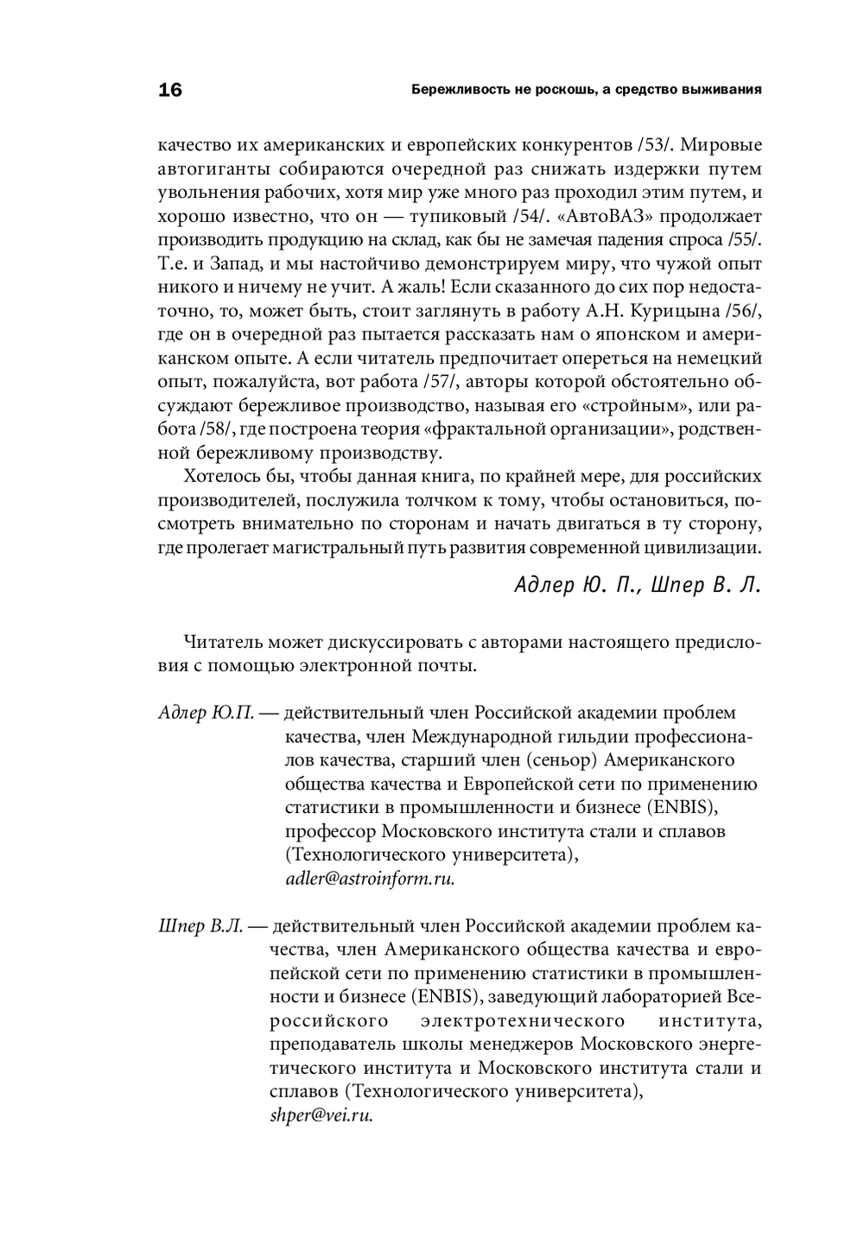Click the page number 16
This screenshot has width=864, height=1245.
[x=170, y=90]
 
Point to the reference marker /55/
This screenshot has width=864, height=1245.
[x=745, y=238]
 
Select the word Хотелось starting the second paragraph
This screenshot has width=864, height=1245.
[x=221, y=477]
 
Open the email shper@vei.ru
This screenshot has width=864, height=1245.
[x=321, y=1115]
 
